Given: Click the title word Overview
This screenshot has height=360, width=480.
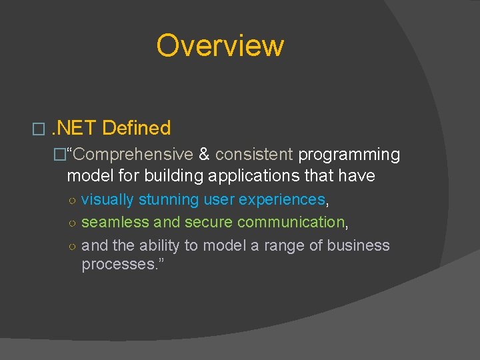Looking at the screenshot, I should click(220, 45).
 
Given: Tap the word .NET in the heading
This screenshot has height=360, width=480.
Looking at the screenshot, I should click(74, 128).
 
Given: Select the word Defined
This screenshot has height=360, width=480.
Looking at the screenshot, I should click(137, 128).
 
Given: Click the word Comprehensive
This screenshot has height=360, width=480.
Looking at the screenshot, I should click(133, 155).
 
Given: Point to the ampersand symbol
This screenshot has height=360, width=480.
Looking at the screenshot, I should click(204, 155).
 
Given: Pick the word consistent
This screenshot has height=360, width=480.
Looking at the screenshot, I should click(254, 155).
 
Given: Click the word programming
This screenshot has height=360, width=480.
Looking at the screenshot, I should click(349, 155).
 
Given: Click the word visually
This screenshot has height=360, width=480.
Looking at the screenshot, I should click(107, 199).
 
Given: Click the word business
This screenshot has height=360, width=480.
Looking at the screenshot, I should click(359, 245).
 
